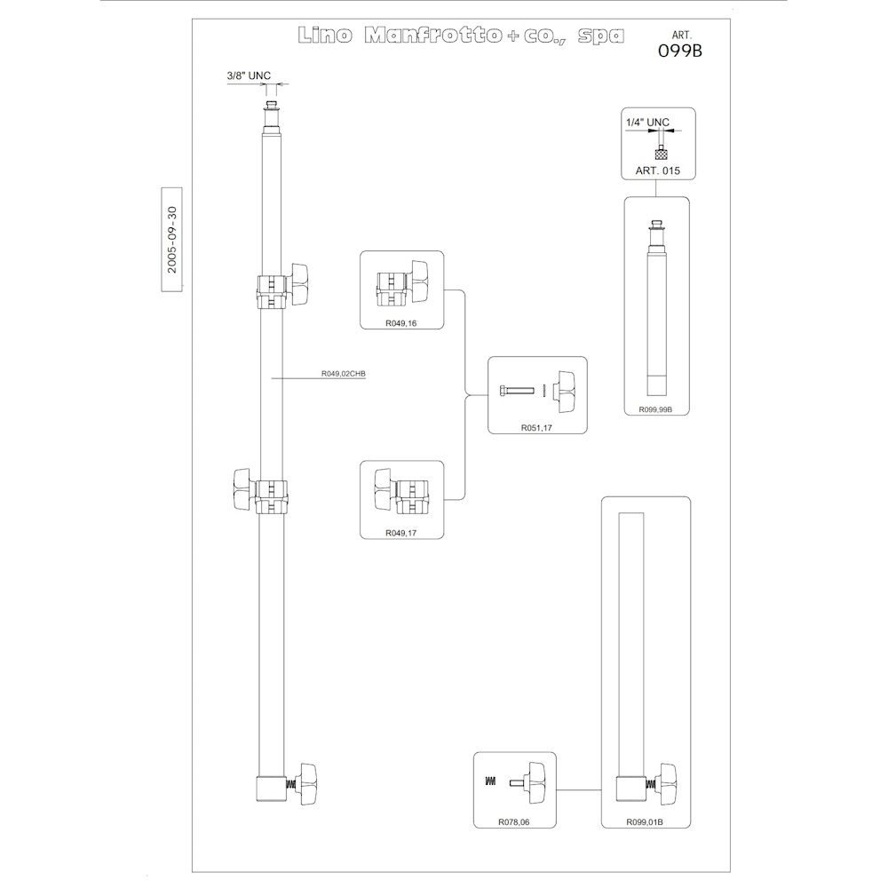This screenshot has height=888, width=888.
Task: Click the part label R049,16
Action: click(x=401, y=323)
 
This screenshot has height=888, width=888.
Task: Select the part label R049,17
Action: click(x=401, y=533)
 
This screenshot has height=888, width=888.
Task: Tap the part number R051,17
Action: click(x=536, y=428)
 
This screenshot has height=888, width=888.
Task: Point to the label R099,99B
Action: click(x=656, y=409)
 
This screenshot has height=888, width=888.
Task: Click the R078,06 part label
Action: click(x=513, y=822)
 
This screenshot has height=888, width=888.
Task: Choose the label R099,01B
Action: click(x=645, y=822)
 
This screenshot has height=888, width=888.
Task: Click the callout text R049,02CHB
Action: click(x=344, y=374)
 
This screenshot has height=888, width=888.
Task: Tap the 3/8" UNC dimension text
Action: click(x=249, y=75)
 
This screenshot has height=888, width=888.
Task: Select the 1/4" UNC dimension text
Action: click(x=647, y=123)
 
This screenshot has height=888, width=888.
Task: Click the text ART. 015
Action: click(x=657, y=170)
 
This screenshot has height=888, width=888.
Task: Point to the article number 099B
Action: click(x=679, y=51)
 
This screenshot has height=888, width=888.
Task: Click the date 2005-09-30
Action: click(x=172, y=240)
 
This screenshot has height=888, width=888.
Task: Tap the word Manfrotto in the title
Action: click(x=433, y=36)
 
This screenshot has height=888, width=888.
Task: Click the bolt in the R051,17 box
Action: click(x=517, y=390)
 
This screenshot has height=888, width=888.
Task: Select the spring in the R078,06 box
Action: click(x=490, y=781)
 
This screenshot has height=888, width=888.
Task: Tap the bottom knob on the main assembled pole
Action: click(x=308, y=783)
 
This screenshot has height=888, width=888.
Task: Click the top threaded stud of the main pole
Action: click(x=273, y=106)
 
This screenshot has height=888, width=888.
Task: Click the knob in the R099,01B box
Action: click(x=669, y=784)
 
